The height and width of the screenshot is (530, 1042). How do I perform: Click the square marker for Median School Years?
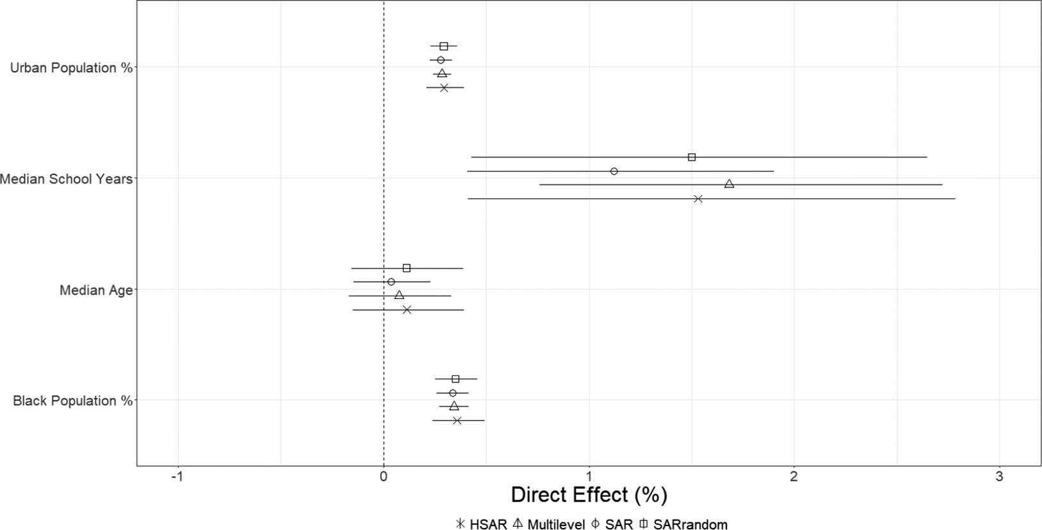coord(691,157)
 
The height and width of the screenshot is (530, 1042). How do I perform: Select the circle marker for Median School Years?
coord(614,171)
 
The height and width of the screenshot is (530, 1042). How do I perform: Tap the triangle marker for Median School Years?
coord(729,184)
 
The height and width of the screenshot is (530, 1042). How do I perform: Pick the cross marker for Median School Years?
coord(698,199)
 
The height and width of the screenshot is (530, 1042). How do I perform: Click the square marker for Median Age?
coord(407,268)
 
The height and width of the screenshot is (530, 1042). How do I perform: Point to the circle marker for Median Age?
coord(391,282)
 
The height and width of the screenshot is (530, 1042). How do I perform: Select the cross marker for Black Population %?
coord(457,420)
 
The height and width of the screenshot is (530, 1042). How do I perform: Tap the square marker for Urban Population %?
coord(444,46)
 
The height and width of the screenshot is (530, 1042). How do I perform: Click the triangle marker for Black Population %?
coord(454,406)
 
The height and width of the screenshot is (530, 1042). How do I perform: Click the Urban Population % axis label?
coord(71,68)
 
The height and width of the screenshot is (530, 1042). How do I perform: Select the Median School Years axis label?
coord(66,179)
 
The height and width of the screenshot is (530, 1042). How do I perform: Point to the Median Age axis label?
coord(96,290)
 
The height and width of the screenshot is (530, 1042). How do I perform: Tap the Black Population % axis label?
coord(72,401)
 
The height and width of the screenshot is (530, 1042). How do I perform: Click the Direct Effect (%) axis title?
coord(589,495)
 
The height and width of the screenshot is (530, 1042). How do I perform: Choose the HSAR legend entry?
coord(481,524)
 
